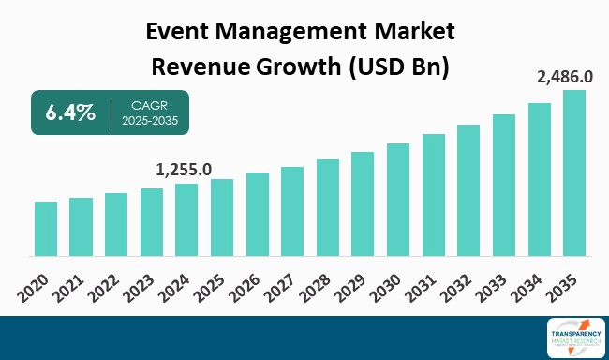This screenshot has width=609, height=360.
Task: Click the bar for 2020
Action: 46,228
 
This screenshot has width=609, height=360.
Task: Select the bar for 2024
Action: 186,219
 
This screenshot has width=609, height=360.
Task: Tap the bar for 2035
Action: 574,172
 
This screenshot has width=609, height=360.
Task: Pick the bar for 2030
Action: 398,199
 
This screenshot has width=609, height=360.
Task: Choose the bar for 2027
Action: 292,211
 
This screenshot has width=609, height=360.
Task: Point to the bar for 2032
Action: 468,189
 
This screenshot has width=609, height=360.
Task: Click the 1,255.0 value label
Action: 184,170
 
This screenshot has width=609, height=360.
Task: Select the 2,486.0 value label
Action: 564,75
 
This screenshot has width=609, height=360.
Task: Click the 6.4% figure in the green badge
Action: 70,113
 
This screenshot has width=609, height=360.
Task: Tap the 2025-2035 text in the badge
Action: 145,122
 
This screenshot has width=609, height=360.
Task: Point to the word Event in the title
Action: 182,34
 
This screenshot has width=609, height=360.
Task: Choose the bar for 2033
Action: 504,185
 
